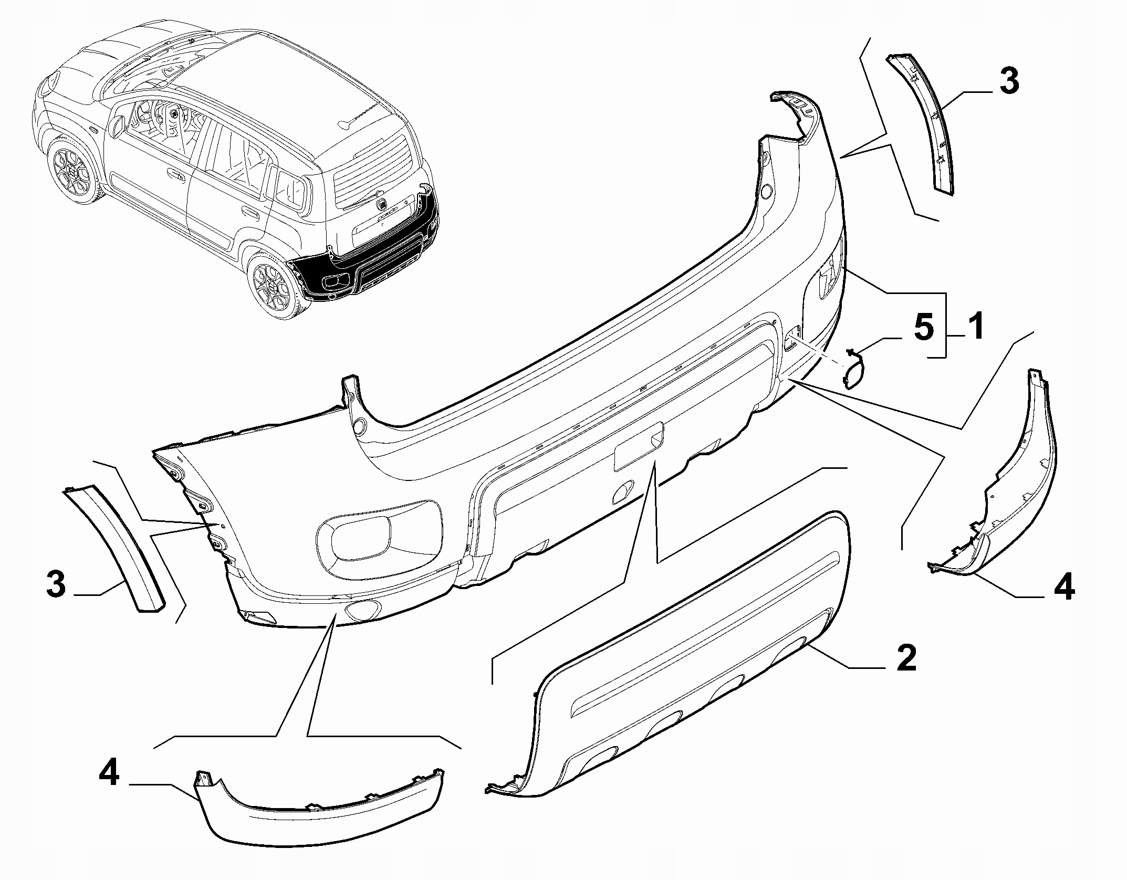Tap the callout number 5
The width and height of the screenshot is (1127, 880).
point(924,327)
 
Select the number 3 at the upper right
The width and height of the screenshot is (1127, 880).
point(1009,83)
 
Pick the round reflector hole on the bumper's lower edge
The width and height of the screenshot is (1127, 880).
point(362,610)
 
